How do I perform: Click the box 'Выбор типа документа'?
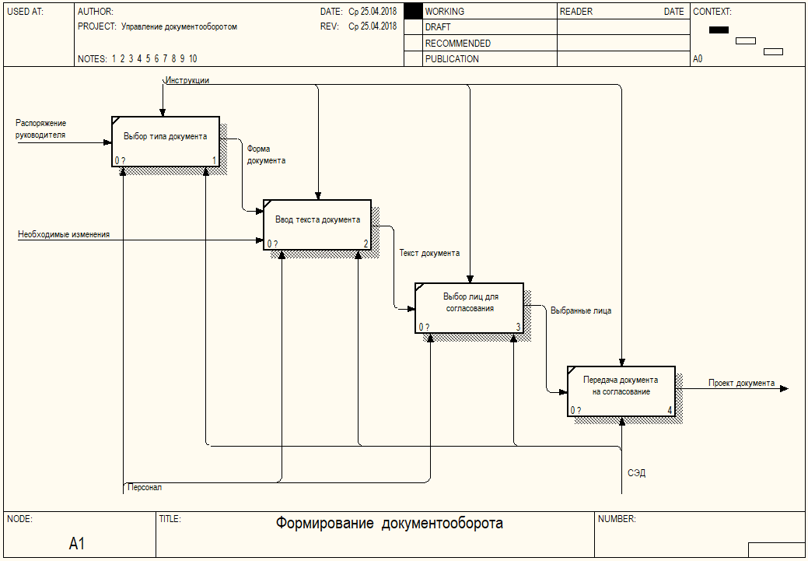(x=166, y=142)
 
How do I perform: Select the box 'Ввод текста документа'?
(x=317, y=225)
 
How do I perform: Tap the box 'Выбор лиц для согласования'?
(x=469, y=308)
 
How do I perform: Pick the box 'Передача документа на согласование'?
(x=621, y=391)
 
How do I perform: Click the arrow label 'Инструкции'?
(x=187, y=80)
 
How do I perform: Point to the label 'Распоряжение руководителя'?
(x=40, y=129)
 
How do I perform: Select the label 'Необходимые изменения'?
(x=64, y=235)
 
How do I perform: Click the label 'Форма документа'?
(x=266, y=155)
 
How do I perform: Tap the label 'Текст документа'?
(x=430, y=253)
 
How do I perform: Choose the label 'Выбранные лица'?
(x=581, y=311)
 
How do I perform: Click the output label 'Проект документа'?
(x=741, y=383)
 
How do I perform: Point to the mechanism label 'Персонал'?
(x=145, y=487)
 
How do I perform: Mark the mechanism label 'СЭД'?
(x=636, y=473)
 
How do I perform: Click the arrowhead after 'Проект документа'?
(x=785, y=389)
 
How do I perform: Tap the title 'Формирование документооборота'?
(x=389, y=524)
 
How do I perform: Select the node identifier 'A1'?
(x=77, y=543)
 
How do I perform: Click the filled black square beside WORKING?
(x=413, y=12)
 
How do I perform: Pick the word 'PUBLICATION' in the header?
(x=452, y=59)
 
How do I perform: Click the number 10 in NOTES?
(x=193, y=59)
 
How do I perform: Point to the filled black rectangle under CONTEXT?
(x=719, y=30)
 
